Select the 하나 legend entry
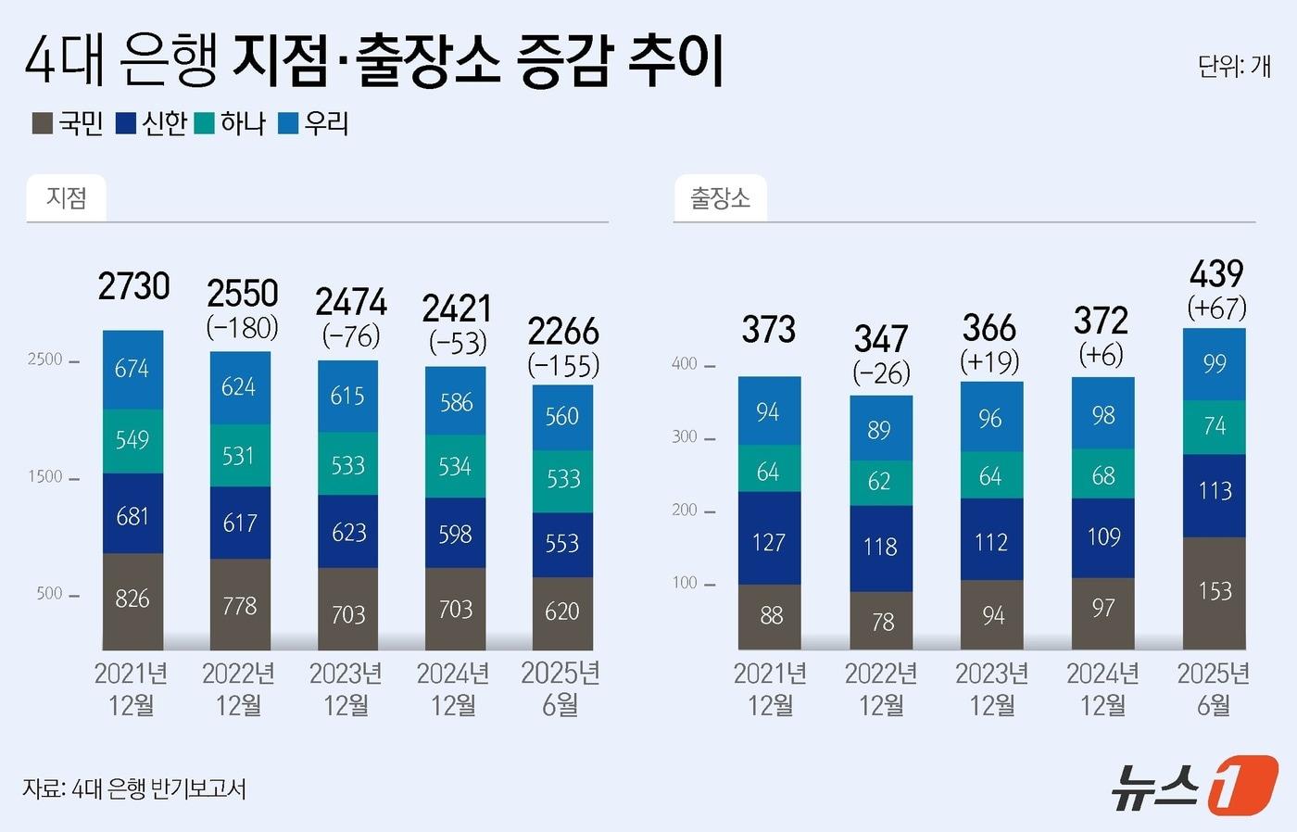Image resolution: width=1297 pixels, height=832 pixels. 231,123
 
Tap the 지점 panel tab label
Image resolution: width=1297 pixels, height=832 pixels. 67,197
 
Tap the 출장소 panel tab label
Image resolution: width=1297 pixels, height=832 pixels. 720,197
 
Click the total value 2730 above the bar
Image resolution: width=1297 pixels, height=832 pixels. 133,286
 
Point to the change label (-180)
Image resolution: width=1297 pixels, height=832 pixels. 242,327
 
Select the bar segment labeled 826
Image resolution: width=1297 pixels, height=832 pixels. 132,599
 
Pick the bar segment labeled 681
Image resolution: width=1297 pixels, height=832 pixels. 132,515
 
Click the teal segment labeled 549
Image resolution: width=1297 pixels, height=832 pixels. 132,440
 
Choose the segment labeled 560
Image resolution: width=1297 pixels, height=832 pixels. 562,417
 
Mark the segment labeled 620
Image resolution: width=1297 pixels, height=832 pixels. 562,611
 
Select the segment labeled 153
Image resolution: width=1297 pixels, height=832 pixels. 1215,591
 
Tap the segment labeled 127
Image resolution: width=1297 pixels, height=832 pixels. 769,541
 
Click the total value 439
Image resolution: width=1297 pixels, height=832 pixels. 1215,273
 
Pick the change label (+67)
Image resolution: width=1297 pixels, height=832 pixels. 1216,308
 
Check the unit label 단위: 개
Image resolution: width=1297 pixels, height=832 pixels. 1233,66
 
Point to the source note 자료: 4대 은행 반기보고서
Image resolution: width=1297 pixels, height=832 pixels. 134,788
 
